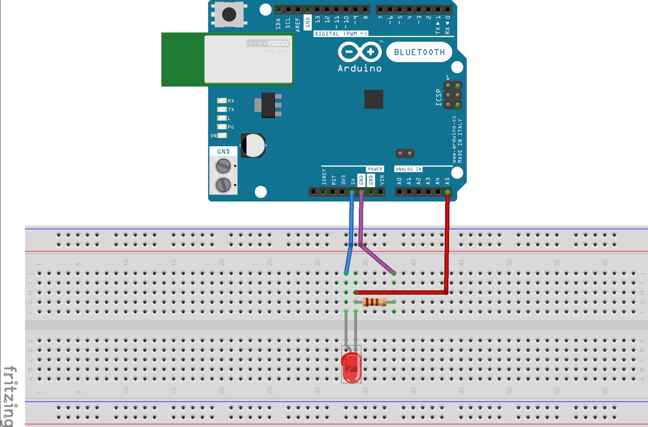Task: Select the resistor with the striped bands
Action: [x=374, y=302]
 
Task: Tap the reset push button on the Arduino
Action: [x=229, y=15]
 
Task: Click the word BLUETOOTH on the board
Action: [x=419, y=52]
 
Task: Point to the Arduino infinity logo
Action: [x=360, y=52]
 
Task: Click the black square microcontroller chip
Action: [x=374, y=99]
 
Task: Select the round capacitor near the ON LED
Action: [x=253, y=146]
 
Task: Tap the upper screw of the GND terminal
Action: [x=223, y=166]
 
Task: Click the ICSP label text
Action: [x=439, y=97]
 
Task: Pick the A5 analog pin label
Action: [x=447, y=181]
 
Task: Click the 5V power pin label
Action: [x=353, y=181]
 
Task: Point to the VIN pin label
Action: [x=382, y=180]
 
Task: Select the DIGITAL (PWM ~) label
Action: [x=341, y=34]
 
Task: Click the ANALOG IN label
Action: [x=409, y=169]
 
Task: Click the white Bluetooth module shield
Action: [x=248, y=59]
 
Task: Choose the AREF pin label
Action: [x=298, y=25]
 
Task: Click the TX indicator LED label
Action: [x=231, y=110]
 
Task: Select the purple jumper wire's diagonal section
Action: [x=377, y=259]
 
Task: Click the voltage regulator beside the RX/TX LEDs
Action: [x=268, y=105]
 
